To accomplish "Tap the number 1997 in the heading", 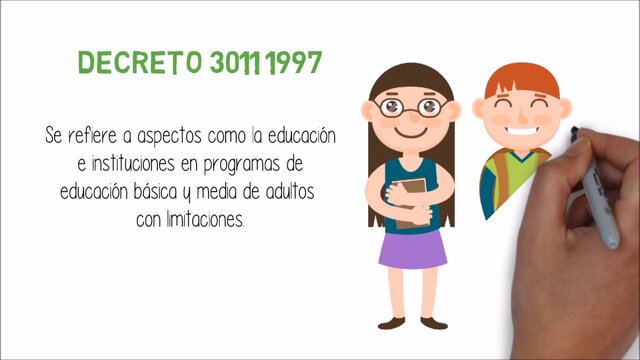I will (x=291, y=63).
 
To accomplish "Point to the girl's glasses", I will (x=411, y=106).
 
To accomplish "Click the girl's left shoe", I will (x=391, y=323).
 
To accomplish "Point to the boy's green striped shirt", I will (x=500, y=180).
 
